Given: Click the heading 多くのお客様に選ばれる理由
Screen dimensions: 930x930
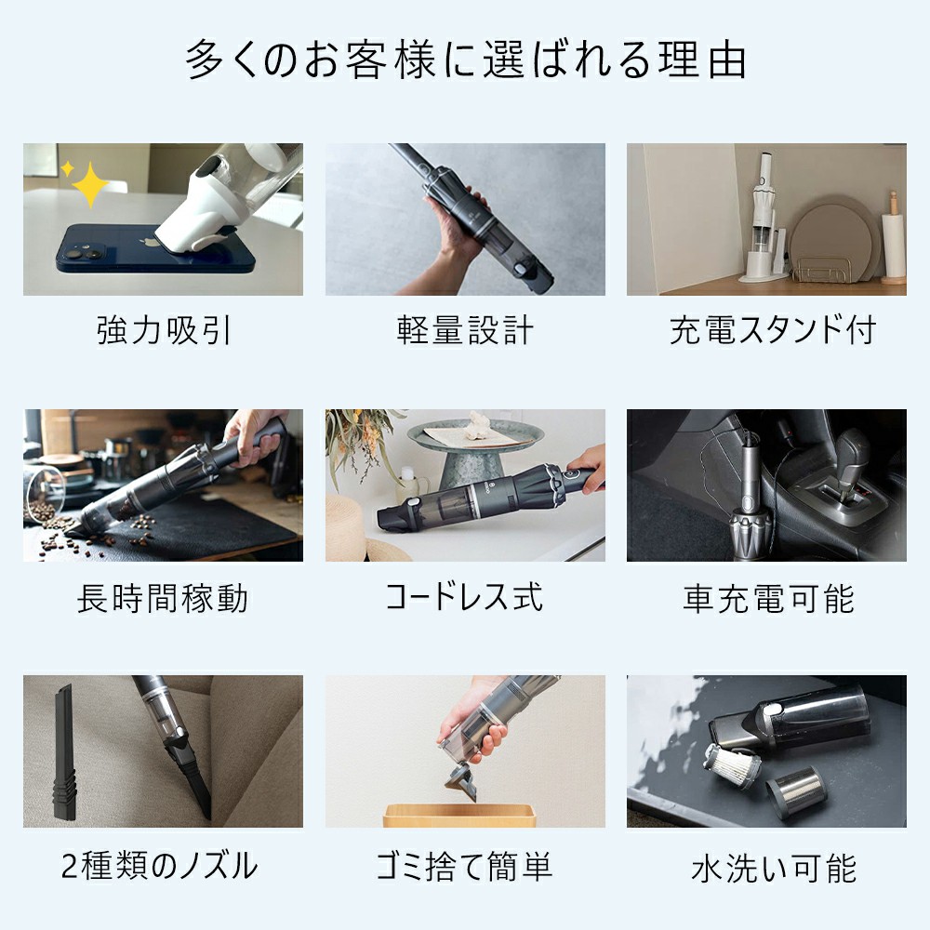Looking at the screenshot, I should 465,60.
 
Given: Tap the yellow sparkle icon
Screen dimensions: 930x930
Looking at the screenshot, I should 88,183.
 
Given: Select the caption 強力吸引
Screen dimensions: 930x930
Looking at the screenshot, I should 163,330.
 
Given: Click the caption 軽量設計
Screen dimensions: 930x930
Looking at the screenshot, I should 465,330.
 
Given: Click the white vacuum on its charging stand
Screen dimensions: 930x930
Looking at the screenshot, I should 764,214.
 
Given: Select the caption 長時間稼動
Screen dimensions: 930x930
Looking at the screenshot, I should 163,598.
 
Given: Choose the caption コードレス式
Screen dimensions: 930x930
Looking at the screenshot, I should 465,597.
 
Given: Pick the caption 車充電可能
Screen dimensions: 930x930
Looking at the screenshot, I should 768,598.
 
